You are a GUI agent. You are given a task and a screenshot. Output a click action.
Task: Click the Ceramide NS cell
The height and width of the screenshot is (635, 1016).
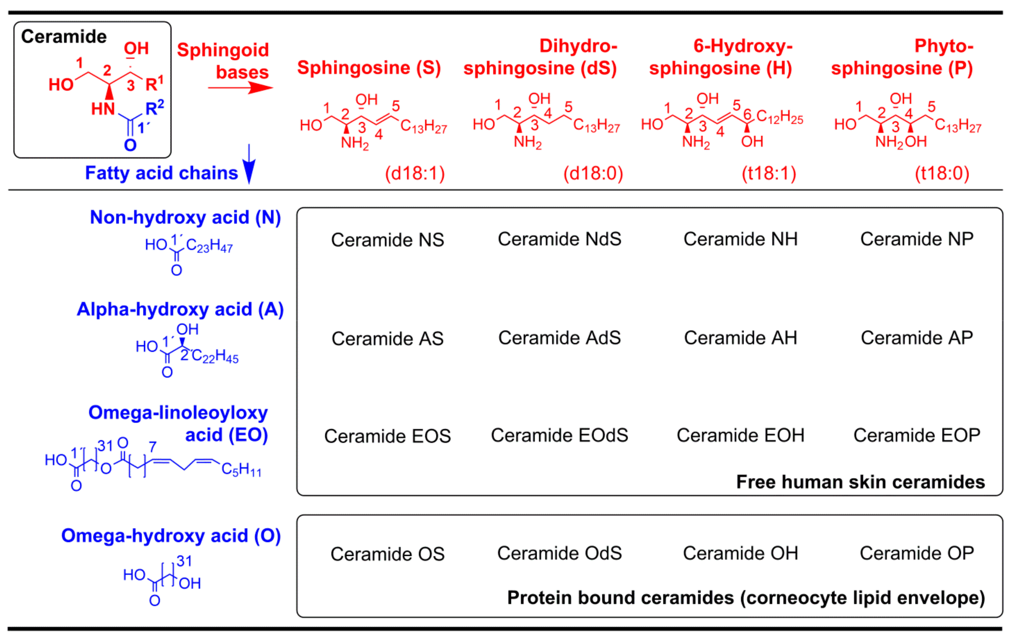point(387,240)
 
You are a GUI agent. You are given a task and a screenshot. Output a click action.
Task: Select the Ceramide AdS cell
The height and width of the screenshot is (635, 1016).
point(559,338)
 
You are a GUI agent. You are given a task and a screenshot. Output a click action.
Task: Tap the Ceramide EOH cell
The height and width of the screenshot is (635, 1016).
point(740,435)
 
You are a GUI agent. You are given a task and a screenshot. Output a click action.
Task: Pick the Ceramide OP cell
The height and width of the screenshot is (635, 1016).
point(917,553)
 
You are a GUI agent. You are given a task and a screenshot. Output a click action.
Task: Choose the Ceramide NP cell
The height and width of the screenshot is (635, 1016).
point(917,239)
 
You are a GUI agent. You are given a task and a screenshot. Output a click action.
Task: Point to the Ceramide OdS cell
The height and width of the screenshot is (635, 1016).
point(559,553)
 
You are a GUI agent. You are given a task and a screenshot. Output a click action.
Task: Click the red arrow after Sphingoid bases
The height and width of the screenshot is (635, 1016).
point(240,88)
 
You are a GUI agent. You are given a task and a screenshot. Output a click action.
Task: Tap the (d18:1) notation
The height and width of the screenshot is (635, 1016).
point(415,173)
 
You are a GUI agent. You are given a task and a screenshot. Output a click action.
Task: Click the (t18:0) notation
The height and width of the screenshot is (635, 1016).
point(942,173)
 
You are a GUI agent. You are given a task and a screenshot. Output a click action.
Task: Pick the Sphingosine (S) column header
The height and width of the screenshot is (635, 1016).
point(369,68)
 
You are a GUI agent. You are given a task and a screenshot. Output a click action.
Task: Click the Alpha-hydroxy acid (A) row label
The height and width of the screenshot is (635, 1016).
point(180,309)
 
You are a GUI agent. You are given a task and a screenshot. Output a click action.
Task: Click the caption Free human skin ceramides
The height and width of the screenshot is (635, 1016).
point(860,482)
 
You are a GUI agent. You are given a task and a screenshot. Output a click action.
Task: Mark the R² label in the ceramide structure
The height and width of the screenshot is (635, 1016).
point(154,108)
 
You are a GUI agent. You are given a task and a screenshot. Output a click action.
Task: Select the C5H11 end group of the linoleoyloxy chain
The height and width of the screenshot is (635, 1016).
point(241,470)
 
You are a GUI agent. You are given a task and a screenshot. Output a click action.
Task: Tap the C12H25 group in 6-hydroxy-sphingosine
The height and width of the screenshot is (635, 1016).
point(779,117)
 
